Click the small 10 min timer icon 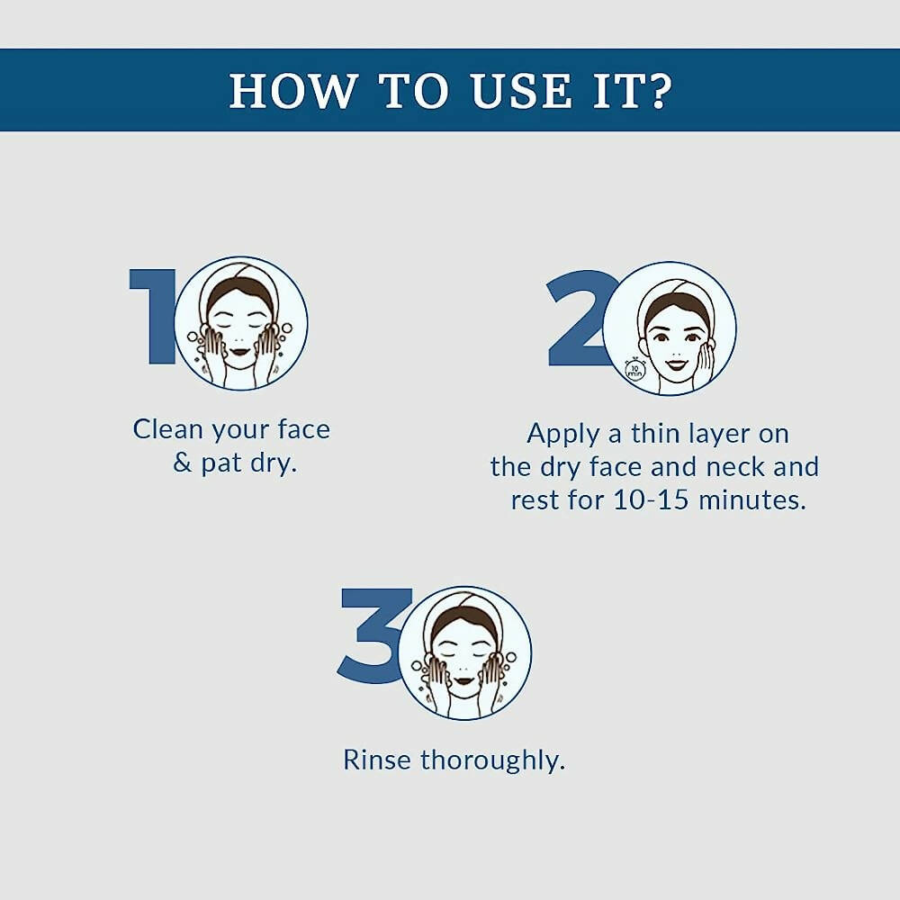(634, 370)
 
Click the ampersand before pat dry (183, 464)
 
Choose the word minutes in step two (754, 500)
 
